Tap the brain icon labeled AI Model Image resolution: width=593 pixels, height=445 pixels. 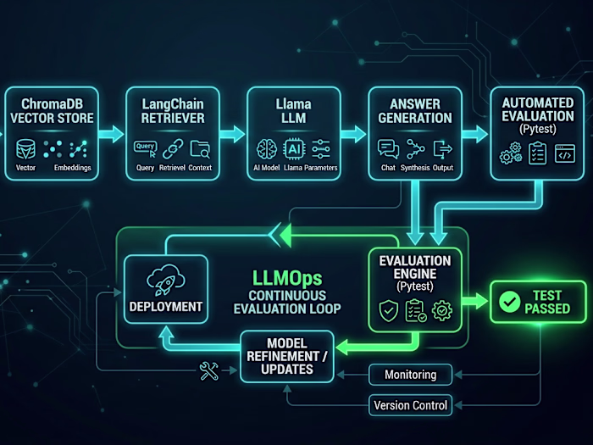click(264, 148)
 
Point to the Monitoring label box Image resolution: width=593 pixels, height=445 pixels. click(410, 375)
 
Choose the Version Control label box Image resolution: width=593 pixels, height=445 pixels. click(410, 405)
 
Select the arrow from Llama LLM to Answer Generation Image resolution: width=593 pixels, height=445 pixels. click(355, 133)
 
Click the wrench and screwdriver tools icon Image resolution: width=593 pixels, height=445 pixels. click(209, 370)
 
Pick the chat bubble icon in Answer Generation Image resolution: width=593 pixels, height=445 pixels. click(388, 149)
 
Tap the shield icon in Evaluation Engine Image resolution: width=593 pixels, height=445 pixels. click(387, 311)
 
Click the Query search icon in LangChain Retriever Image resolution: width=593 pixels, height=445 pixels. click(145, 149)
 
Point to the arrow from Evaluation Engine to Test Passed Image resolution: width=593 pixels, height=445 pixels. click(476, 301)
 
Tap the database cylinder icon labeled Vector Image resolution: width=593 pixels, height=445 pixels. click(25, 149)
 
